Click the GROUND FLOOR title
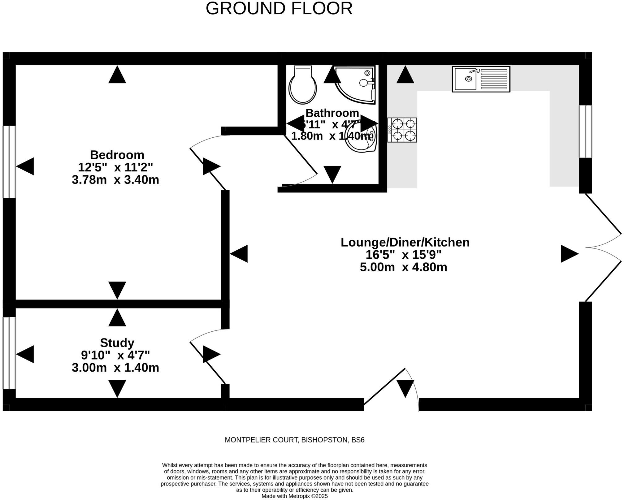(x=279, y=9)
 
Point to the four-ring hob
(x=402, y=130)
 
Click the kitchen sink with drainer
(x=481, y=79)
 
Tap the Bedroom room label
(x=117, y=155)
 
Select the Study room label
(x=117, y=343)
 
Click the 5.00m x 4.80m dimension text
(x=403, y=267)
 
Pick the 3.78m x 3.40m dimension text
(x=115, y=180)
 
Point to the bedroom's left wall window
(x=9, y=162)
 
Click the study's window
(x=9, y=353)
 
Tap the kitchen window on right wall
(x=585, y=131)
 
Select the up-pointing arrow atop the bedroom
(x=117, y=75)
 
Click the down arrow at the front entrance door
(x=405, y=388)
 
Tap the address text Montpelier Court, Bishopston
(x=294, y=440)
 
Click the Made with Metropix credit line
(x=294, y=496)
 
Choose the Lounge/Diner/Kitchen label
(x=405, y=242)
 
